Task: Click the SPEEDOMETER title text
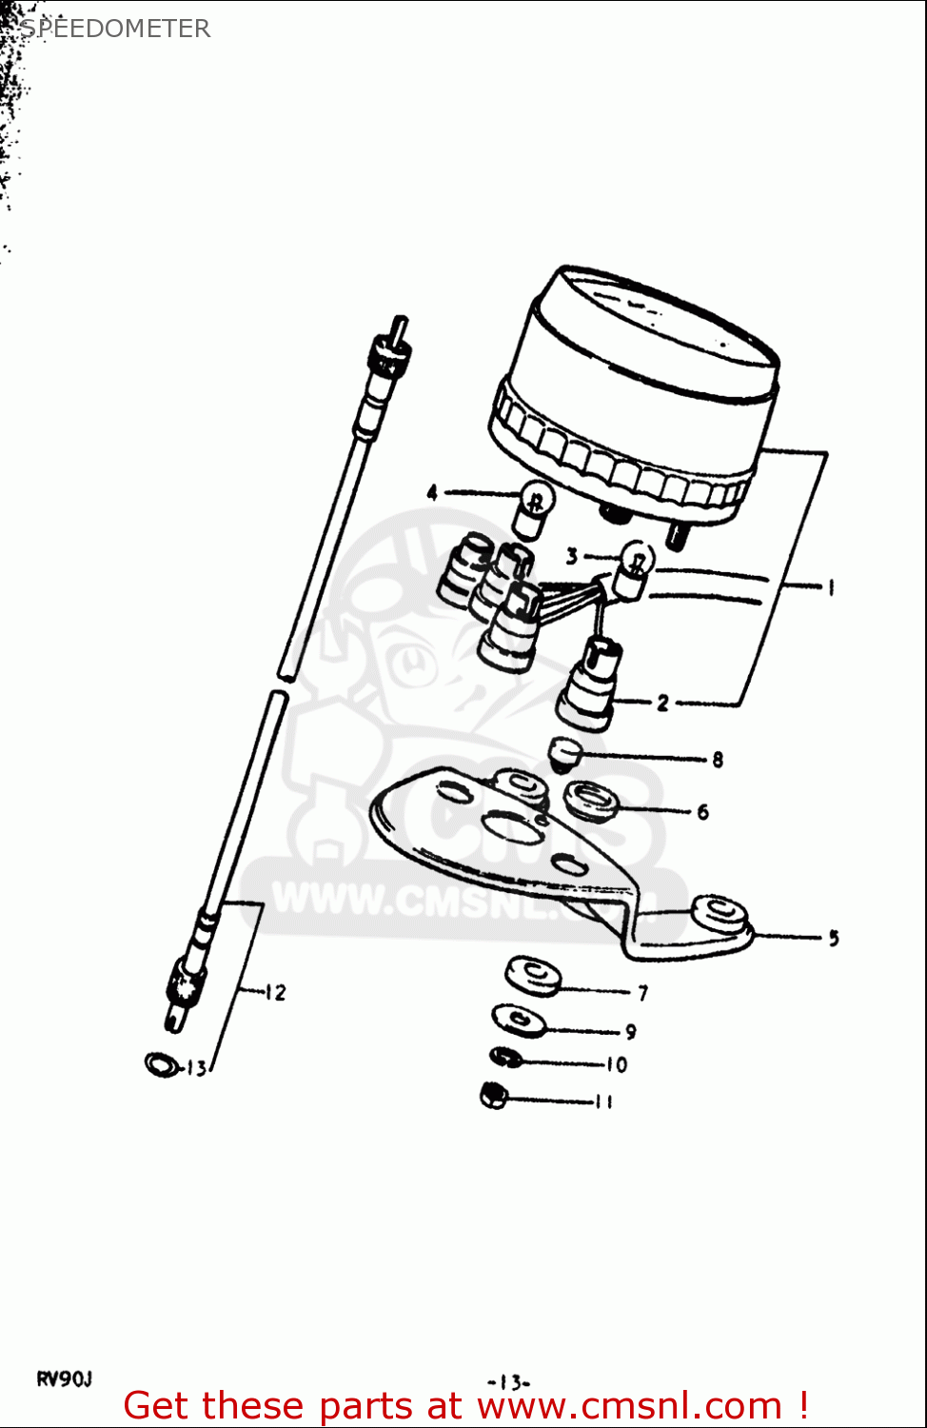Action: coord(115,29)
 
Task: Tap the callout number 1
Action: coord(830,586)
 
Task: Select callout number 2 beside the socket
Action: coord(662,704)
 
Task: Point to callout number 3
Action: coord(571,556)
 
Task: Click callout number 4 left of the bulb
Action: coord(432,493)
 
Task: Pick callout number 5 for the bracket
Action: coord(833,938)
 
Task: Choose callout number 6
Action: coord(702,812)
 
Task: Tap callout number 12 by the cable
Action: coord(275,992)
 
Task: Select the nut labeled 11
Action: coord(493,1097)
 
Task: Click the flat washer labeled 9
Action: coord(520,1020)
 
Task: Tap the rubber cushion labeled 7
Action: coord(533,977)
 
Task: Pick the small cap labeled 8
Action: coord(565,756)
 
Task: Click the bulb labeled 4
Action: coord(534,508)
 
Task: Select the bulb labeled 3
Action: coord(634,567)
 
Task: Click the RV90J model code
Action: coord(65,1378)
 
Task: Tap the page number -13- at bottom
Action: coord(508,1382)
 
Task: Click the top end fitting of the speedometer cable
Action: coord(390,357)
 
